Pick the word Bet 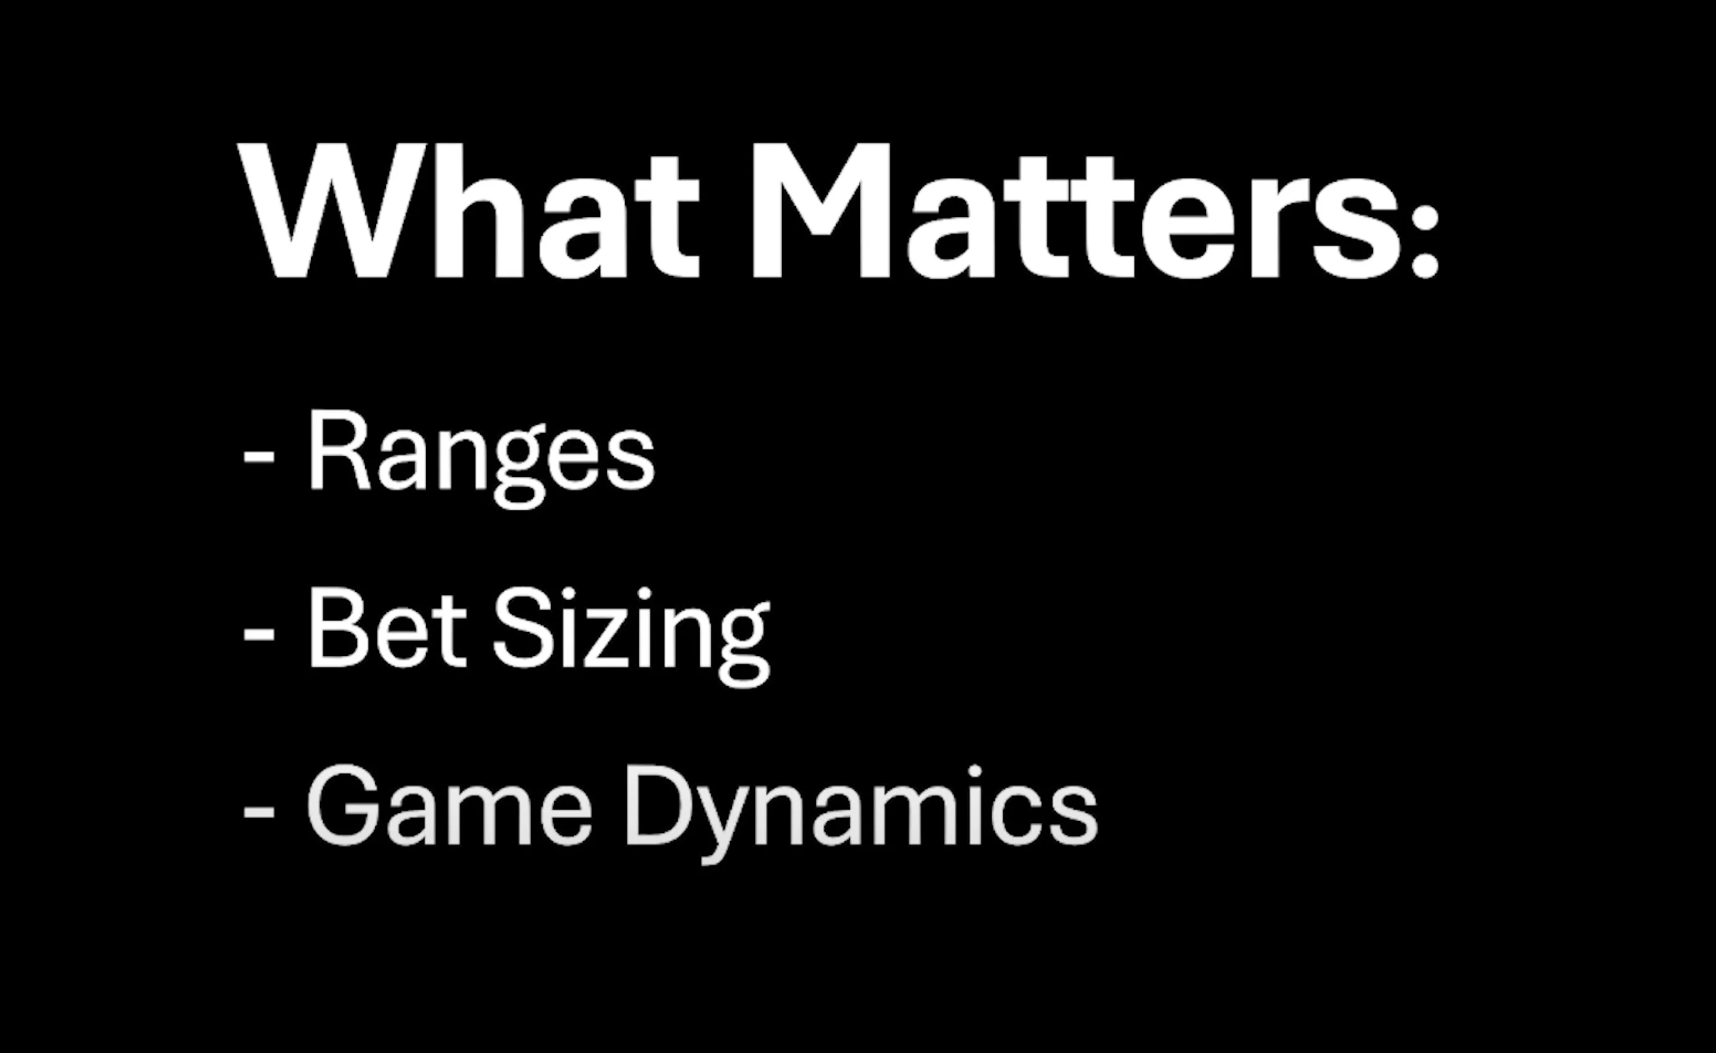387,628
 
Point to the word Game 449,806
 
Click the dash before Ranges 259,458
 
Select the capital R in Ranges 339,451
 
